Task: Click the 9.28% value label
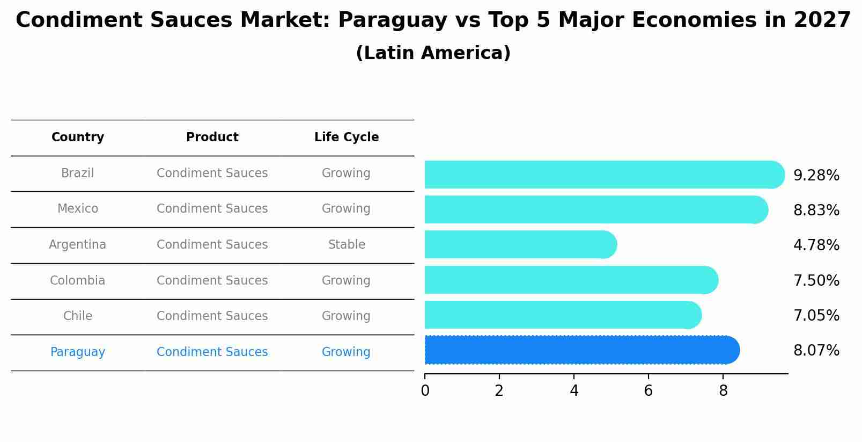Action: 816,176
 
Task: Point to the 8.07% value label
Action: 816,351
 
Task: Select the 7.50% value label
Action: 816,281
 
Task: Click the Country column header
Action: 78,137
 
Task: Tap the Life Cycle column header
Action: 347,137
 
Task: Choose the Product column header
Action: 212,137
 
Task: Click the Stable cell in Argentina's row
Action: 347,245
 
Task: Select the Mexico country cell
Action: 78,209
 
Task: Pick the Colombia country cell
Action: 78,281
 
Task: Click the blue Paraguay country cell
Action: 78,352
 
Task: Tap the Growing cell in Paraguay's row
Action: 346,352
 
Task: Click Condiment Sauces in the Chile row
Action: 212,316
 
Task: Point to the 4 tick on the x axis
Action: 574,390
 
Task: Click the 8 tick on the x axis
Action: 723,390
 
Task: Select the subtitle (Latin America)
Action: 433,53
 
